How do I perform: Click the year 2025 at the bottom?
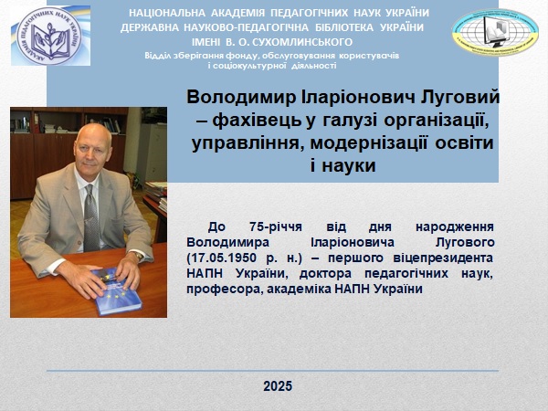pos(278,386)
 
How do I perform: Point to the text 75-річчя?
pos(276,227)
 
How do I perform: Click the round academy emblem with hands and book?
pos(49,36)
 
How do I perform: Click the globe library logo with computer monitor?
pos(495,31)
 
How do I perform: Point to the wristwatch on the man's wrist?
pos(138,256)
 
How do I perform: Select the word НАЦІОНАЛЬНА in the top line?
pos(167,13)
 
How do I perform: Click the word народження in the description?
pos(454,227)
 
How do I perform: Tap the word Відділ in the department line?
pos(156,56)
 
